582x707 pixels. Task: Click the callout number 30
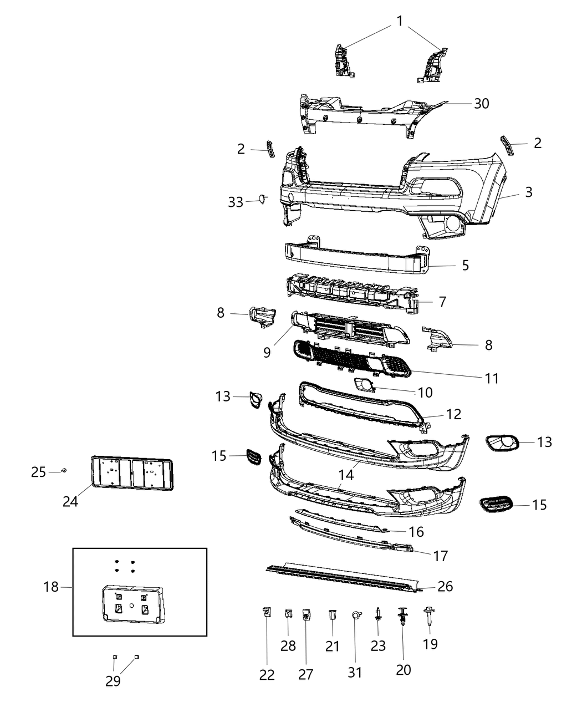pos(481,104)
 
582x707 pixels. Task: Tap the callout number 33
pos(236,202)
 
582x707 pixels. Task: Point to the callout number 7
pos(442,302)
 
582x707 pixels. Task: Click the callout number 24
pos(70,501)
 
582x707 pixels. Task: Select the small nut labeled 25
pos(64,470)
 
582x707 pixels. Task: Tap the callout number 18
pos(51,586)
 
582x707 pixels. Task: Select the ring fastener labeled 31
pos(355,615)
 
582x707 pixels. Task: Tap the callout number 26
pos(445,586)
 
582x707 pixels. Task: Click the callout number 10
pos(425,393)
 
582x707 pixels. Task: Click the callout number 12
pos(453,414)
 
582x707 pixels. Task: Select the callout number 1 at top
pos(400,21)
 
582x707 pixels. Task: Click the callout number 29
pos(113,681)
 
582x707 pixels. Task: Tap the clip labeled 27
pos(306,615)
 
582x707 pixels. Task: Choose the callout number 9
pos(267,352)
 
